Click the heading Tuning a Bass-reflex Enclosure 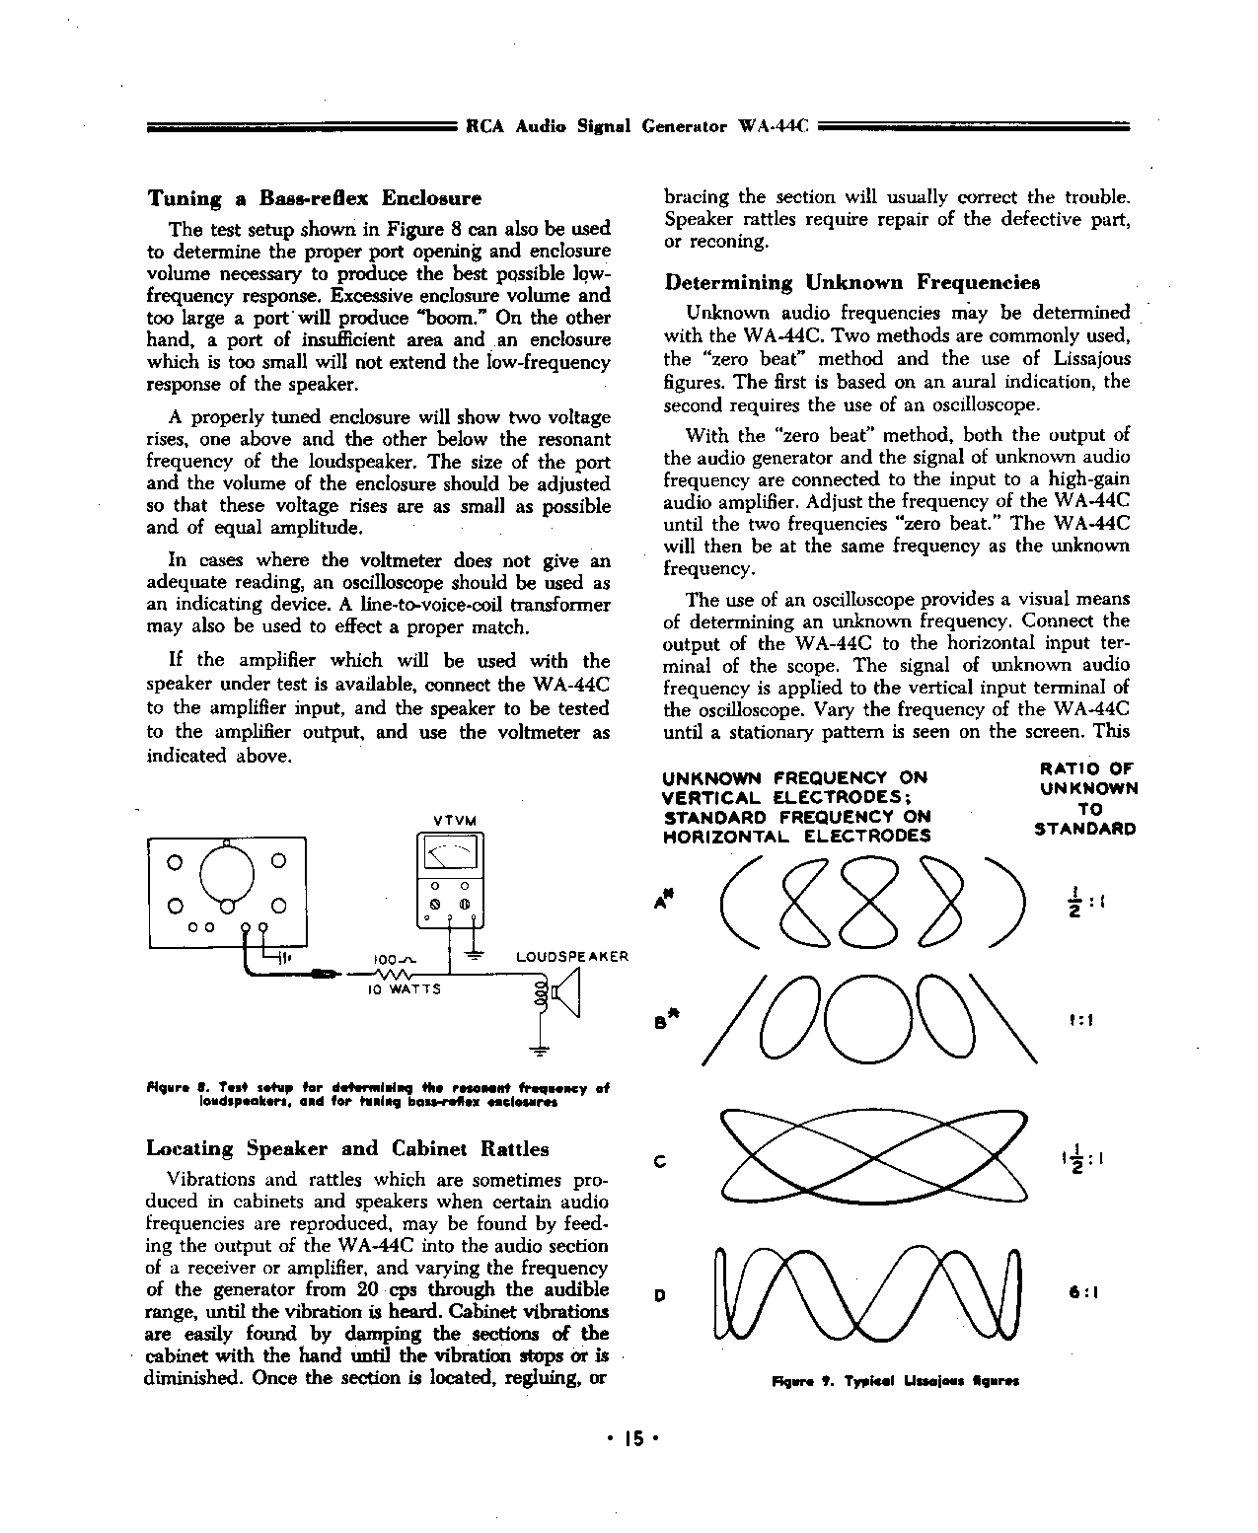pos(314,198)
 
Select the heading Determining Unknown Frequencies pos(851,283)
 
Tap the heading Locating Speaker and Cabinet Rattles pos(347,1148)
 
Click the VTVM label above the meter pos(455,821)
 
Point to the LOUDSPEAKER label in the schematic pos(572,957)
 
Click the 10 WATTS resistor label pos(404,989)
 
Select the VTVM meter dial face pos(449,855)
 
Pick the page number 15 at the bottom pos(631,1439)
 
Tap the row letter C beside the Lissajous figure pos(659,1161)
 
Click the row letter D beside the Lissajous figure pos(659,1295)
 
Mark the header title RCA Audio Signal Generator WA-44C pos(636,127)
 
